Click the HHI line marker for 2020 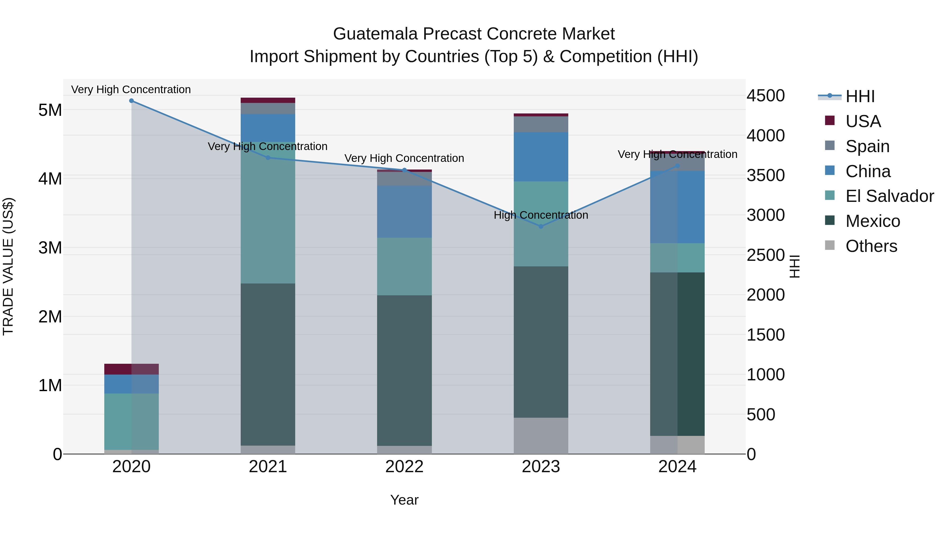[x=131, y=101]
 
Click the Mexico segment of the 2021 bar [x=268, y=364]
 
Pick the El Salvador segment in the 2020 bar [x=131, y=421]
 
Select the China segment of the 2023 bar [x=541, y=157]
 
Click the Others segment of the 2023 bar [x=541, y=436]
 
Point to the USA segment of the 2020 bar [x=131, y=369]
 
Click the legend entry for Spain [x=867, y=146]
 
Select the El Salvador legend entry [x=889, y=196]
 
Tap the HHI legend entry [x=860, y=96]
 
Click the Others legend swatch [x=830, y=245]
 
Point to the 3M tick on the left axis [x=50, y=248]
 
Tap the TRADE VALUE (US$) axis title [x=8, y=266]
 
